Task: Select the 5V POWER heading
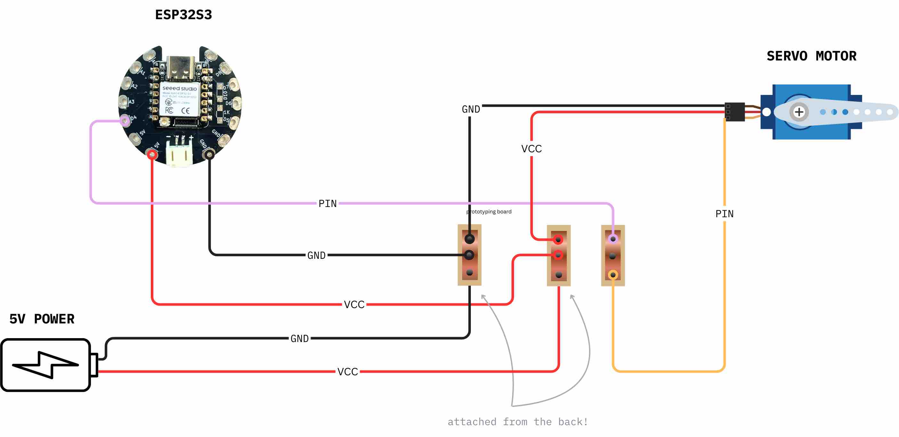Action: [x=42, y=319]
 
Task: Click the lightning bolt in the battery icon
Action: [x=45, y=365]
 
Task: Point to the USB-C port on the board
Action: [x=180, y=68]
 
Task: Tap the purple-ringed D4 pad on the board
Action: [x=124, y=121]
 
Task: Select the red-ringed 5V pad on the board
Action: [x=152, y=154]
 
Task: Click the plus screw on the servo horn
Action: [x=799, y=112]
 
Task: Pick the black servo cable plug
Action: [x=734, y=112]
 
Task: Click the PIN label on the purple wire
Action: [x=327, y=203]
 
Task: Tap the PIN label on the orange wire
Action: [x=724, y=214]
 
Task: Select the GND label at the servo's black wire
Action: [x=471, y=109]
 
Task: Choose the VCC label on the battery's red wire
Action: [x=347, y=371]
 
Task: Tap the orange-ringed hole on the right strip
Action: [x=613, y=275]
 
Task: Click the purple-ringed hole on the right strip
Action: [x=613, y=239]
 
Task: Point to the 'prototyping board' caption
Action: [x=489, y=212]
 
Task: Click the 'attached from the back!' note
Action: [x=518, y=422]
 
